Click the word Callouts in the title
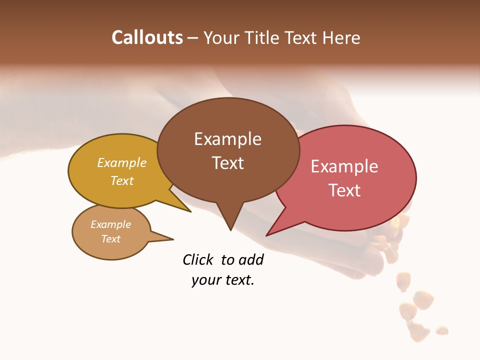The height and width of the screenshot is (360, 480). [x=147, y=38]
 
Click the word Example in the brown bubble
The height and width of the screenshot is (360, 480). [x=227, y=139]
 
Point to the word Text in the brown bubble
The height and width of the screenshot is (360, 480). [x=227, y=163]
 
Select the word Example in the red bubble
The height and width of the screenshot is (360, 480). [x=344, y=166]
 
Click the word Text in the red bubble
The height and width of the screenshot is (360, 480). [x=344, y=190]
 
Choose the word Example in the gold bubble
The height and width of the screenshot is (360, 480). [x=122, y=163]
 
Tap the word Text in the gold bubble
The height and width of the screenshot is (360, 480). [x=122, y=180]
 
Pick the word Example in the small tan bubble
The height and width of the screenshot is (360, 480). [x=111, y=224]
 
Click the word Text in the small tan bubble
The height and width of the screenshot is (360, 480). [x=111, y=239]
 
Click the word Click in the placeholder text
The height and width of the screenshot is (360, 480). [x=198, y=260]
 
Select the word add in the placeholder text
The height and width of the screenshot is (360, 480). [x=251, y=260]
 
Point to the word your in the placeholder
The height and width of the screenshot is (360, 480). [x=205, y=280]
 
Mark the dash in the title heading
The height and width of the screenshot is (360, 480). [x=193, y=38]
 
